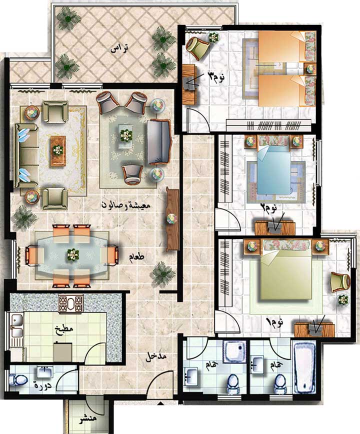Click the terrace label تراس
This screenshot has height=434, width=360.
[x=119, y=48]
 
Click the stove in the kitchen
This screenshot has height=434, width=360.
[x=71, y=303]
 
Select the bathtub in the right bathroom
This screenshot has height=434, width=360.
[x=304, y=367]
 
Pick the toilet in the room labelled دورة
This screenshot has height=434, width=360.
[x=17, y=379]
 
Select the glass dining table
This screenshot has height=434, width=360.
[x=72, y=255]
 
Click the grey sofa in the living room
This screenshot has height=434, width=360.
[x=158, y=141]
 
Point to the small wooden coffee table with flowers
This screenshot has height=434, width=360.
[x=58, y=151]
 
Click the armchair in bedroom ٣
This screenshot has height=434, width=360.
[x=197, y=47]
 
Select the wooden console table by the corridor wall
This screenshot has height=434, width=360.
[x=172, y=219]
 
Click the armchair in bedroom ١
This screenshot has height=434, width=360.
[x=340, y=282]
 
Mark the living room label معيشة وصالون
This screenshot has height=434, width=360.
[x=125, y=205]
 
